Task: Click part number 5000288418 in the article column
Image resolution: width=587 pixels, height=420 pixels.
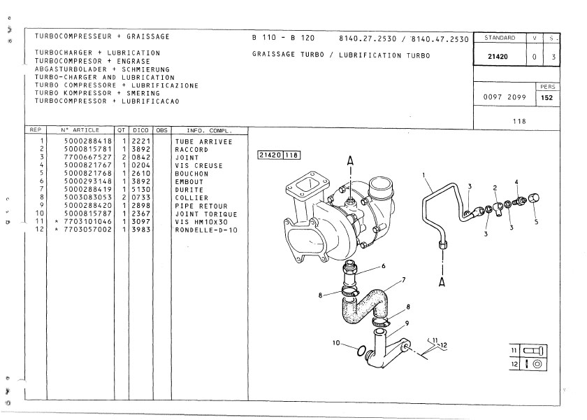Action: [x=88, y=141]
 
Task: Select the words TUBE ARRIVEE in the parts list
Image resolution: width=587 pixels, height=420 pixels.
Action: [x=203, y=141]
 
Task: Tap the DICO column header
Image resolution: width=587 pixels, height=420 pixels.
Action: [x=140, y=130]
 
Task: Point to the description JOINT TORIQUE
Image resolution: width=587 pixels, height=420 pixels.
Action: [x=206, y=214]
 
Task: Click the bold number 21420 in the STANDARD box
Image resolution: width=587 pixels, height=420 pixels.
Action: [x=498, y=57]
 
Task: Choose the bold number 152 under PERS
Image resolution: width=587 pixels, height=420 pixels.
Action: [x=547, y=97]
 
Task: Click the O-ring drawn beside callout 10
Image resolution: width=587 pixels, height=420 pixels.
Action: [x=361, y=351]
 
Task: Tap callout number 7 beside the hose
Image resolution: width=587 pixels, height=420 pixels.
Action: [x=404, y=280]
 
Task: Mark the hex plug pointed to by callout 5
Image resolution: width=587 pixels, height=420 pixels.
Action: [x=534, y=198]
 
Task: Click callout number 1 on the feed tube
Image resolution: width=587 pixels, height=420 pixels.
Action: [x=423, y=175]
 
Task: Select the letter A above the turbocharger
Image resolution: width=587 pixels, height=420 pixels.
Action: [x=350, y=161]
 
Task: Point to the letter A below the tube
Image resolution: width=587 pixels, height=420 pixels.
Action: [x=442, y=281]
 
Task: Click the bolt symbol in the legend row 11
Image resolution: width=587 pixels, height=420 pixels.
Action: [x=533, y=351]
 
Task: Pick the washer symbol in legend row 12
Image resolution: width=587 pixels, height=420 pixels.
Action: [x=537, y=364]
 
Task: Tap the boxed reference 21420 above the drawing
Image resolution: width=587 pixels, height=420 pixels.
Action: [x=270, y=155]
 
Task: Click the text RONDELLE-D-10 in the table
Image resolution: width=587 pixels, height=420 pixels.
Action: [x=206, y=230]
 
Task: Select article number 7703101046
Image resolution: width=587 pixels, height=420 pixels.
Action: [x=88, y=222]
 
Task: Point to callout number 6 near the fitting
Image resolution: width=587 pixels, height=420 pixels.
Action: [x=384, y=266]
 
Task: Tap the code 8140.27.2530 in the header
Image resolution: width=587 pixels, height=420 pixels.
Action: [x=368, y=38]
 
